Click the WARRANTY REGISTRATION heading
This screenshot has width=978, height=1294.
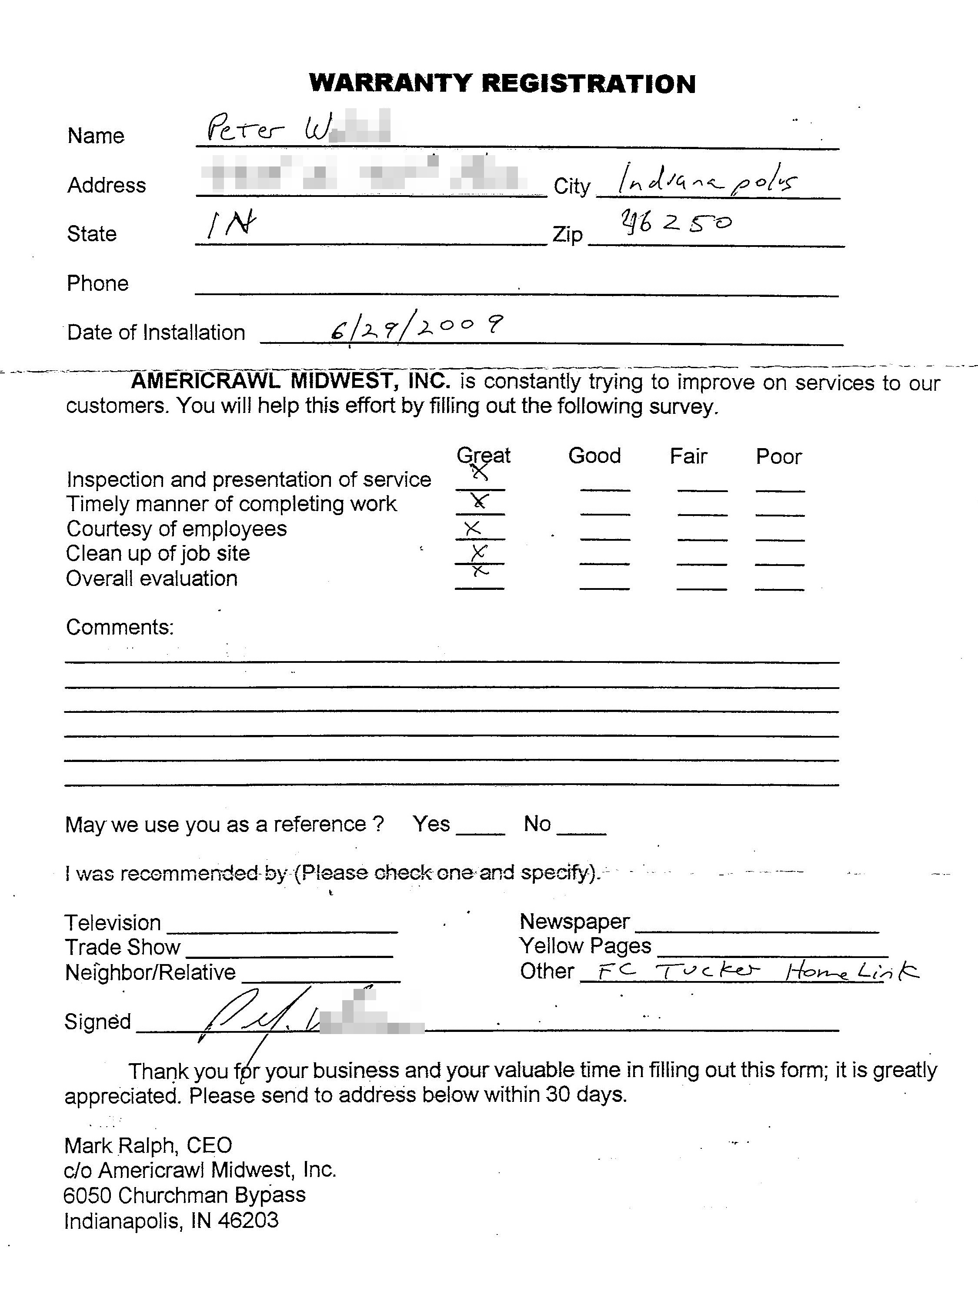[x=502, y=83]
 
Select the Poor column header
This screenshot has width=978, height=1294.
[x=778, y=456]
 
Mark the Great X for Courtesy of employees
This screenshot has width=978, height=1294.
[x=472, y=529]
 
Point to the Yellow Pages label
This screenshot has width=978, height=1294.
[x=585, y=946]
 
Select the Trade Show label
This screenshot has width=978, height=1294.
[x=122, y=947]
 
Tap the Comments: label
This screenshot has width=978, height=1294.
[x=120, y=627]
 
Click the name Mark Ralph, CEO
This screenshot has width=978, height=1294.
[x=148, y=1145]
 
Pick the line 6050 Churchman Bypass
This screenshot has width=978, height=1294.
[x=184, y=1195]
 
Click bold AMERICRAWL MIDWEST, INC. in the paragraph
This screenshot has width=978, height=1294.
[x=290, y=381]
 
